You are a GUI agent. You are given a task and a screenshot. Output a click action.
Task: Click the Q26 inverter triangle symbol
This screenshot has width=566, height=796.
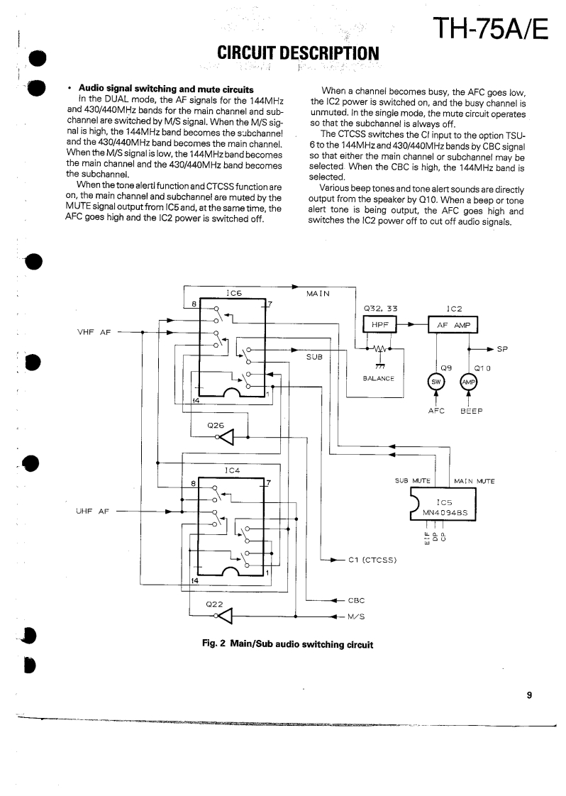pyautogui.click(x=227, y=436)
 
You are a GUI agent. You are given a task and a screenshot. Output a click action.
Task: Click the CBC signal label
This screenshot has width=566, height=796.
pyautogui.click(x=357, y=600)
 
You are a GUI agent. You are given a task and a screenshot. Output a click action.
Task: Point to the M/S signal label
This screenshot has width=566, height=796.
pyautogui.click(x=357, y=615)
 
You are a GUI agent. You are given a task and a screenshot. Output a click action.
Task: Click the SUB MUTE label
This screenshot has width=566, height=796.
pyautogui.click(x=413, y=481)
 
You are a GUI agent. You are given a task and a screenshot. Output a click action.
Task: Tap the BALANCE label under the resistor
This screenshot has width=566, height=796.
pyautogui.click(x=379, y=378)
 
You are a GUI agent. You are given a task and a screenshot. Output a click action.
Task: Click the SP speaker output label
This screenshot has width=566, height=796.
pyautogui.click(x=503, y=349)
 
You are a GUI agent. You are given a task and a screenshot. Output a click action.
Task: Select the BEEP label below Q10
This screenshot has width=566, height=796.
pyautogui.click(x=472, y=411)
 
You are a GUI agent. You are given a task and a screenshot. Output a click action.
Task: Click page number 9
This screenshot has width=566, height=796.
pyautogui.click(x=529, y=696)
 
